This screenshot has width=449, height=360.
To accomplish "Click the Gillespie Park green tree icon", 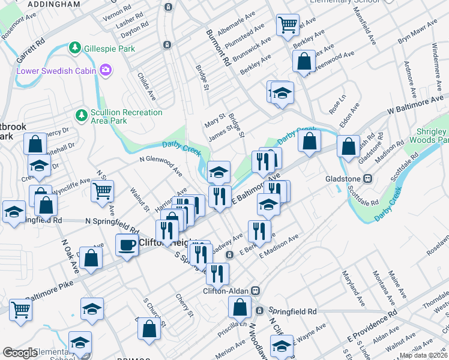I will pyautogui.click(x=74, y=47).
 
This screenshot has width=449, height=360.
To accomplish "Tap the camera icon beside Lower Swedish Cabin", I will pyautogui.click(x=106, y=71).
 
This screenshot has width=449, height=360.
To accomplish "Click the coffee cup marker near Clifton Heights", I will pyautogui.click(x=127, y=245).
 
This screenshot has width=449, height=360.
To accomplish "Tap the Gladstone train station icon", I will pyautogui.click(x=370, y=178).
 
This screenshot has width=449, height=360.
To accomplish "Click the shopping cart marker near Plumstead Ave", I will pyautogui.click(x=288, y=25).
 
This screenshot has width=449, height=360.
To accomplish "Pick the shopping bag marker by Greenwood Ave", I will pyautogui.click(x=304, y=61).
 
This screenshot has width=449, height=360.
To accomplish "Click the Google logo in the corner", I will pyautogui.click(x=20, y=353).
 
